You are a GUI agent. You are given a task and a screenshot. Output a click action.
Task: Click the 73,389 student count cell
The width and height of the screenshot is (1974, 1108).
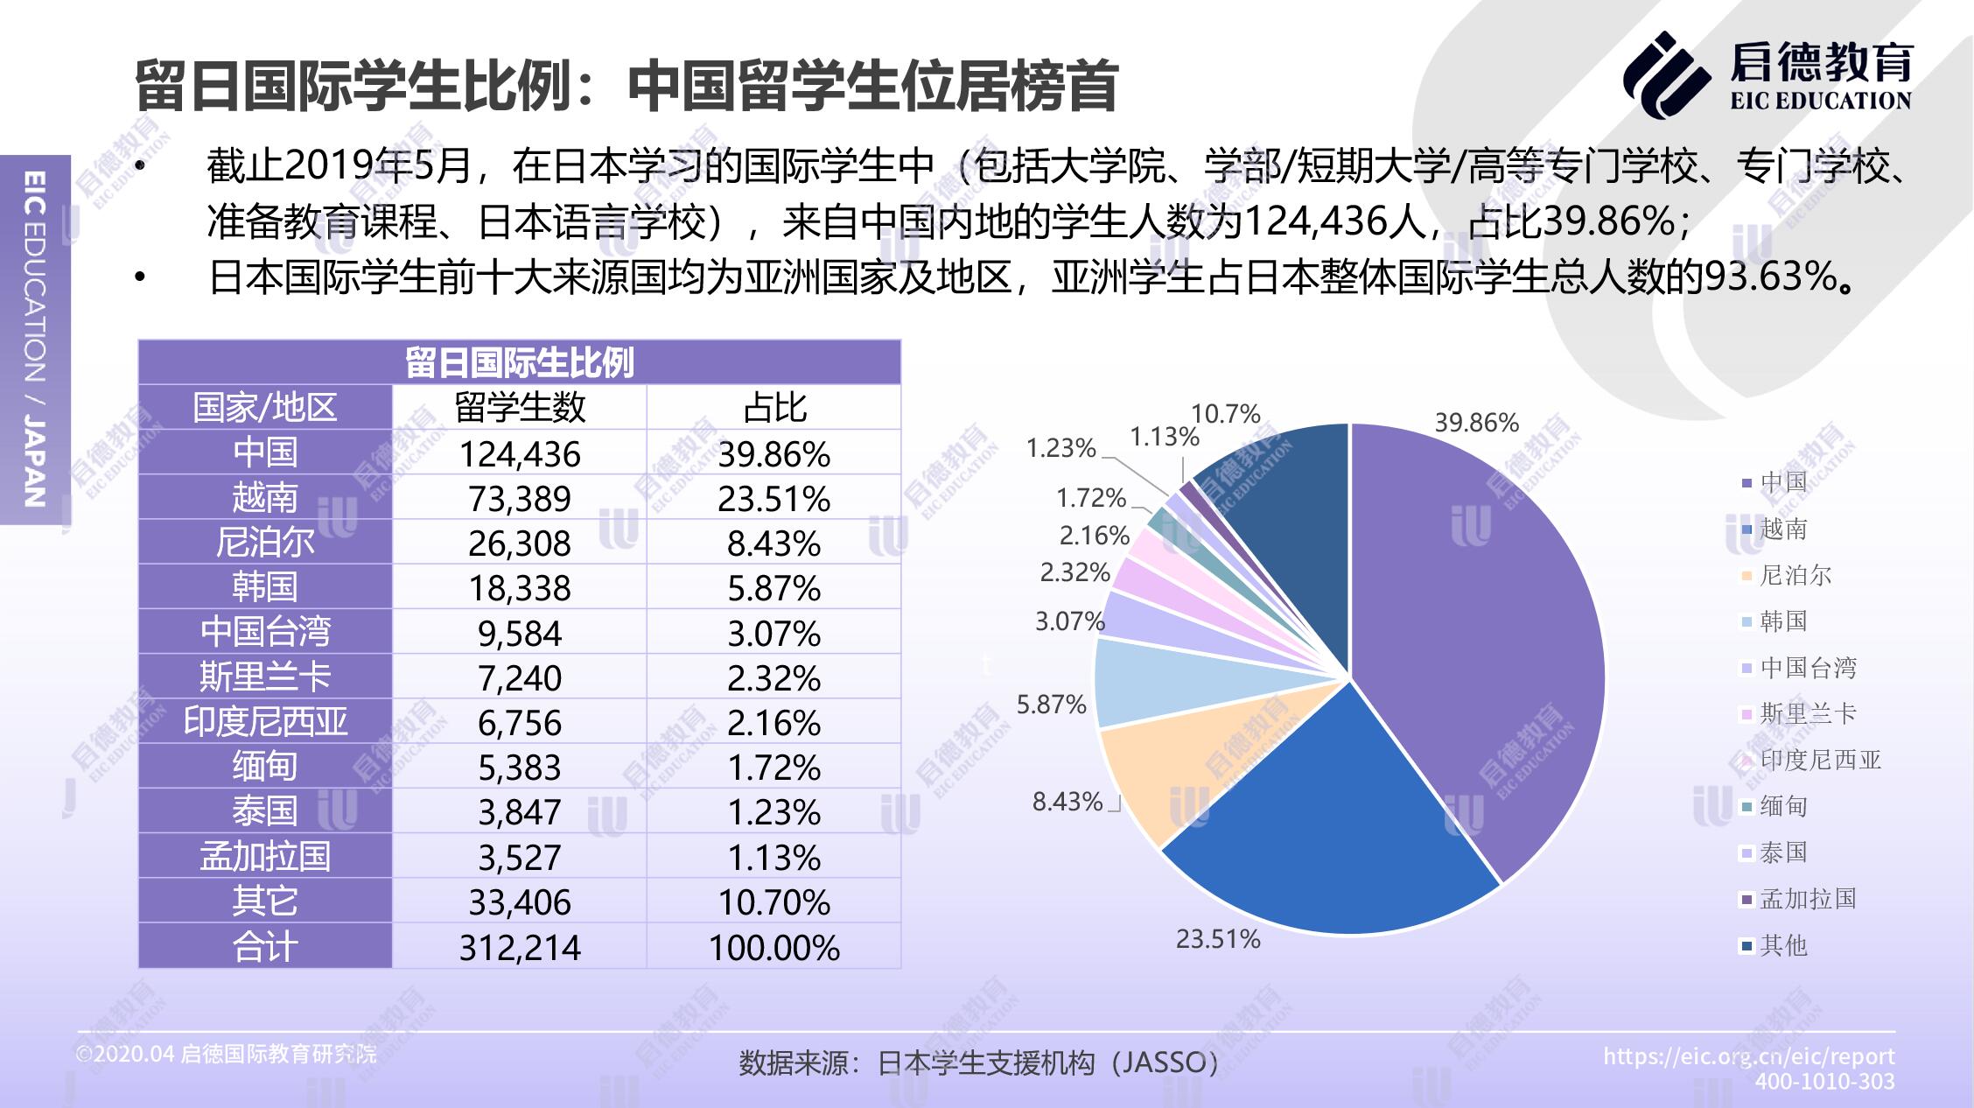pos(519,499)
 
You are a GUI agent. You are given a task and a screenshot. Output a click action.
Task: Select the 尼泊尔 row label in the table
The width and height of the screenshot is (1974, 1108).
pos(264,543)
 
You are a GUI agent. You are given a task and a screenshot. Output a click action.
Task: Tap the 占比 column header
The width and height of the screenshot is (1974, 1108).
pos(773,408)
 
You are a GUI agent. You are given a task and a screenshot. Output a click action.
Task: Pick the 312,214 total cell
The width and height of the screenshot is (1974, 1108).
pos(519,947)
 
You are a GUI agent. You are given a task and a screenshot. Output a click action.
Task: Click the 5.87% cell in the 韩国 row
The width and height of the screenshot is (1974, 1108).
pos(773,588)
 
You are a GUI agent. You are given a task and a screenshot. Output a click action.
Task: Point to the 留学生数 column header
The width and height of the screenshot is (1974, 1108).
pos(519,408)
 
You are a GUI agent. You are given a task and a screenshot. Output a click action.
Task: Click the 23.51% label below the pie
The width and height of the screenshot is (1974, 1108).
pos(1217,939)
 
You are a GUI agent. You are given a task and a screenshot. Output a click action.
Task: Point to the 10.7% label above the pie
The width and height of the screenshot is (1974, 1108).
pos(1225,413)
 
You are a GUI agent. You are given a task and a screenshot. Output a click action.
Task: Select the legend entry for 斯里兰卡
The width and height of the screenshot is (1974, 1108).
pos(1807,714)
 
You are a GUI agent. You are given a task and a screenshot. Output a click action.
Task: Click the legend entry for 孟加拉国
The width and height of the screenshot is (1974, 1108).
pos(1807,899)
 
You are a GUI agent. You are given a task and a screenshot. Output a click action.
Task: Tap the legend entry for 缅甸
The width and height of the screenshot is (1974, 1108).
pos(1782,806)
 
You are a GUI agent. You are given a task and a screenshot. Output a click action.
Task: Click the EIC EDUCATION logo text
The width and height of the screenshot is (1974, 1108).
pos(1820,102)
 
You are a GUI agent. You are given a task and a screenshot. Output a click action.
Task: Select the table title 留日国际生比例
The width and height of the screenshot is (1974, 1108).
pos(519,362)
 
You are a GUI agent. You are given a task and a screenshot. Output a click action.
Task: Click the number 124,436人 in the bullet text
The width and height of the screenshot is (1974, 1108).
pos(1333,221)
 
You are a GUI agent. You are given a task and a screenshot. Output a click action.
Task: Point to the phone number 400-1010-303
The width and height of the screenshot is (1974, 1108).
pos(1824,1082)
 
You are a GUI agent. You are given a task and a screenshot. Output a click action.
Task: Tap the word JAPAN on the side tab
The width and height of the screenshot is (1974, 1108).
pos(34,462)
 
